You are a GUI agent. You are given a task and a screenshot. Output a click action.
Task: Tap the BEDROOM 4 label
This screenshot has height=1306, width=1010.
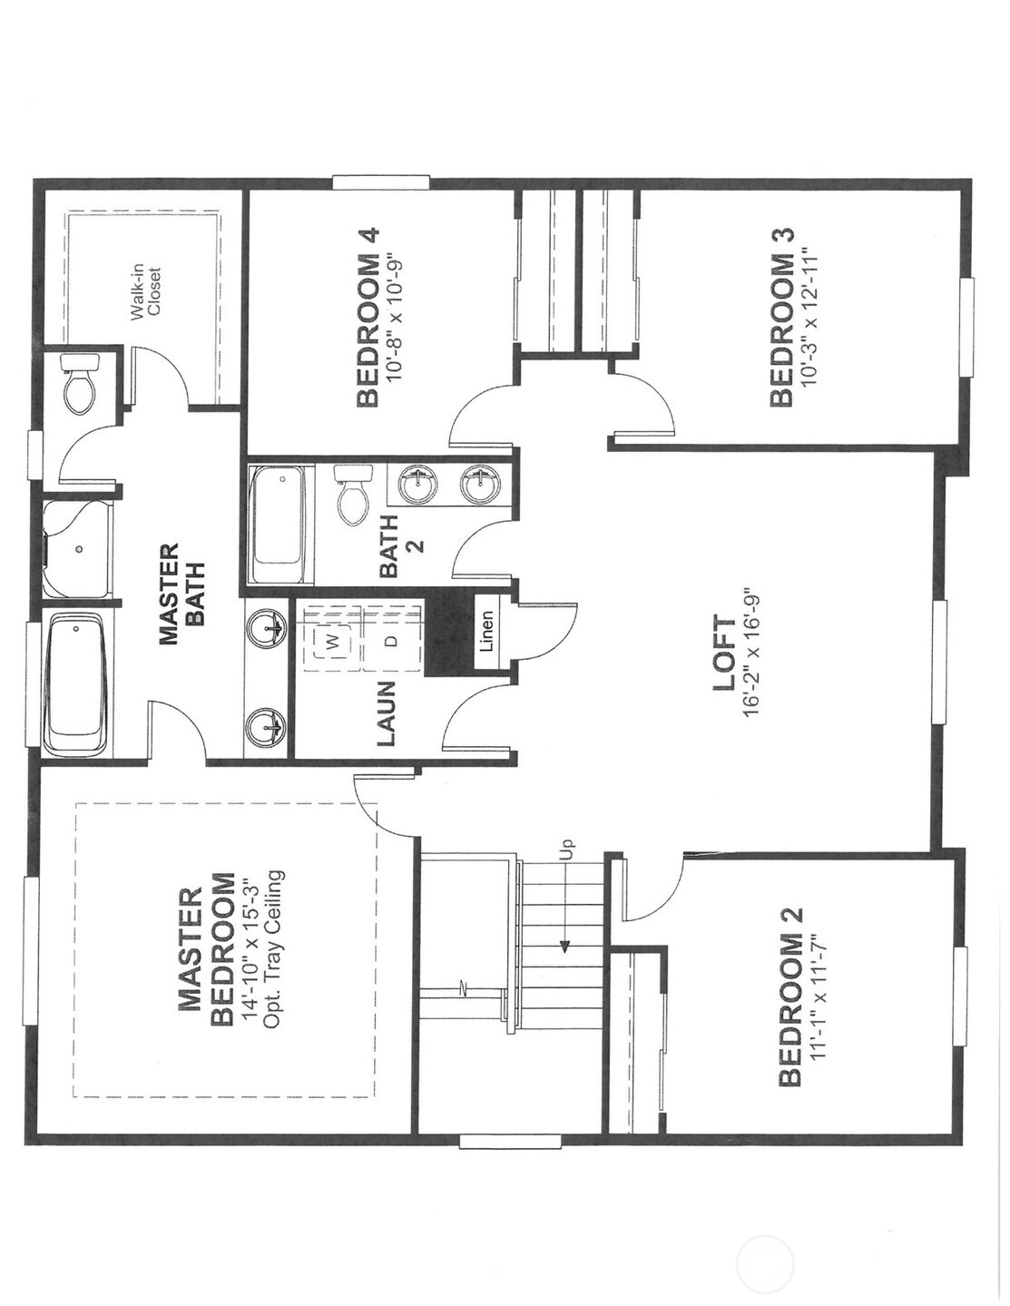[x=368, y=317]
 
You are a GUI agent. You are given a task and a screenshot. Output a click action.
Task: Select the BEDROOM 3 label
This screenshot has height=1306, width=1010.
[x=781, y=317]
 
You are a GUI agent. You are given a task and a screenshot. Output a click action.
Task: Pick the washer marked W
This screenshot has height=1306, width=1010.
[x=335, y=642]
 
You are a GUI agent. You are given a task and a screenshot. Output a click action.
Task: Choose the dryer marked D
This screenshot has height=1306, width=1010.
[x=391, y=641]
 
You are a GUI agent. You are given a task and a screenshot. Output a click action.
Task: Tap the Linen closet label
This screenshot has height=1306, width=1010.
[x=486, y=631]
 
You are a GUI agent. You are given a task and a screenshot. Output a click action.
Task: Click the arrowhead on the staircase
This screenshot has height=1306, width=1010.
[x=564, y=947]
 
